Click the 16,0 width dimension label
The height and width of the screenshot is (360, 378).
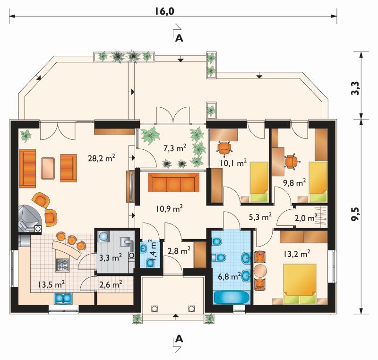pyautogui.click(x=164, y=11)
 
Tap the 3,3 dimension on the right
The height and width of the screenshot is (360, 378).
pyautogui.click(x=355, y=88)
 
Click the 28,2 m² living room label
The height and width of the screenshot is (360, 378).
pyautogui.click(x=101, y=158)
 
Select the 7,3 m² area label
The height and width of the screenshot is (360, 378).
pyautogui.click(x=175, y=148)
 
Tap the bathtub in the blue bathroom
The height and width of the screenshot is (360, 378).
pyautogui.click(x=232, y=298)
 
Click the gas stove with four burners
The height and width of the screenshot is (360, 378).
pyautogui.click(x=63, y=265)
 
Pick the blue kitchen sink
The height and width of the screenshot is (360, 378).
pyautogui.click(x=63, y=298)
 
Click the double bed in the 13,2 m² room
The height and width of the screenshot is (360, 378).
pyautogui.click(x=300, y=284)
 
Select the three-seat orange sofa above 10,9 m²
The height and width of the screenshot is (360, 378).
pyautogui.click(x=173, y=182)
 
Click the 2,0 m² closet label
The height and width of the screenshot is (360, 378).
pyautogui.click(x=306, y=218)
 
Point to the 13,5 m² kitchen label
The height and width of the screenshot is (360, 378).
pyautogui.click(x=52, y=284)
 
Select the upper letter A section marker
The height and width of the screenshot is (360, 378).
pyautogui.click(x=179, y=38)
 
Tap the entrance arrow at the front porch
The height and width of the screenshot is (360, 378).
pyautogui.click(x=176, y=316)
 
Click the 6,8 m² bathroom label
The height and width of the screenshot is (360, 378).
pyautogui.click(x=229, y=276)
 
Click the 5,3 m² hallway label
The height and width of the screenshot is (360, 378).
pyautogui.click(x=260, y=217)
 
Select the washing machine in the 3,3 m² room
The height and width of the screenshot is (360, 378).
pyautogui.click(x=104, y=237)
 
